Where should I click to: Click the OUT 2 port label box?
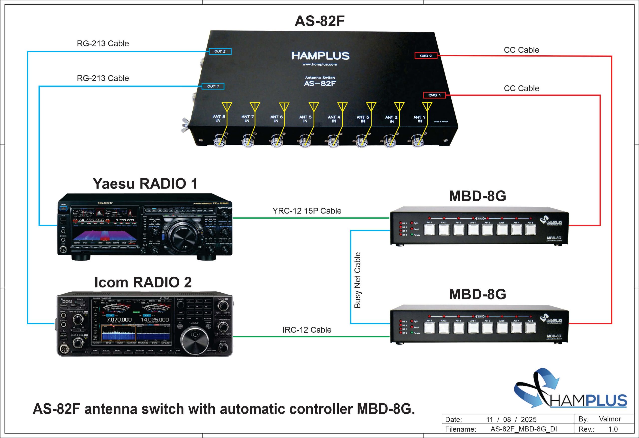tap(220, 51)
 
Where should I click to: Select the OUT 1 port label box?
tap(213, 86)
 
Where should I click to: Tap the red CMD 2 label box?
tap(426, 56)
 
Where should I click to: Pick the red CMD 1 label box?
tap(434, 95)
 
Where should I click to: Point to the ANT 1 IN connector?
tap(418, 141)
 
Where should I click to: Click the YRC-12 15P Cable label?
tap(307, 211)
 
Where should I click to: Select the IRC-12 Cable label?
tap(307, 330)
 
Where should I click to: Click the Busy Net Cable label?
tap(357, 280)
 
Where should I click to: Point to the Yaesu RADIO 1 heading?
tap(145, 184)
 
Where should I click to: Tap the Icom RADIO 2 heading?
tap(143, 282)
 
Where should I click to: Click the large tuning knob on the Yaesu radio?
tap(181, 235)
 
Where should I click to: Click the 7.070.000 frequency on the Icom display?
tap(119, 320)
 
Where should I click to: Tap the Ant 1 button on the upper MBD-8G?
tap(429, 230)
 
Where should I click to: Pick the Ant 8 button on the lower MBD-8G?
tap(530, 328)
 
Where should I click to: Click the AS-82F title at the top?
tap(319, 21)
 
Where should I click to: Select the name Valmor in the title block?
tap(610, 419)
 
